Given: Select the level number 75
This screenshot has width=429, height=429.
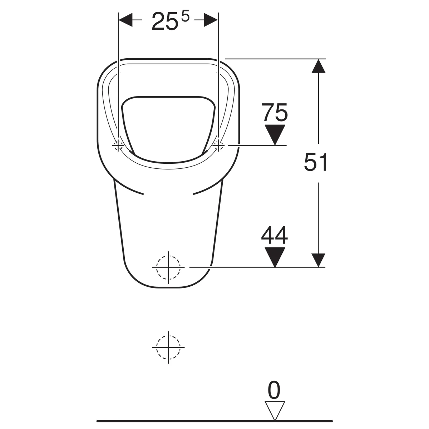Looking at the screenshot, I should pos(275,113).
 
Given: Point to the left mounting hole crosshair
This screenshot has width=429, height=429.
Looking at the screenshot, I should pos(118,146).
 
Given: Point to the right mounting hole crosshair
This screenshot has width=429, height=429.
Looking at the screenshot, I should pos(218,146).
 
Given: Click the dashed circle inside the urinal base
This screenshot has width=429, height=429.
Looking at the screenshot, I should pos(168,267).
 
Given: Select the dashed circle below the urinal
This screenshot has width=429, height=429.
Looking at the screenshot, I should pos(168,347).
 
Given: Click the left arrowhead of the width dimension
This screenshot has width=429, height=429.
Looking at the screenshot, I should pos(125,20).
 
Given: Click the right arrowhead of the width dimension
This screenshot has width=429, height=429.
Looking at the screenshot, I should pos(211,20).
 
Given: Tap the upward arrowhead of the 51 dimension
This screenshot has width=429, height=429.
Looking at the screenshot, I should pos(318,66).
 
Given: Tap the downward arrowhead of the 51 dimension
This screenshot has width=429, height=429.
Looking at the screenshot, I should pos(318,260).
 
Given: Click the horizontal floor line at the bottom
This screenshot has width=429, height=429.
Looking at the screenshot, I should pos(214,421).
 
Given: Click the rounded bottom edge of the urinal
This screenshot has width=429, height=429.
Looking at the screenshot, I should pos(168,287).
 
